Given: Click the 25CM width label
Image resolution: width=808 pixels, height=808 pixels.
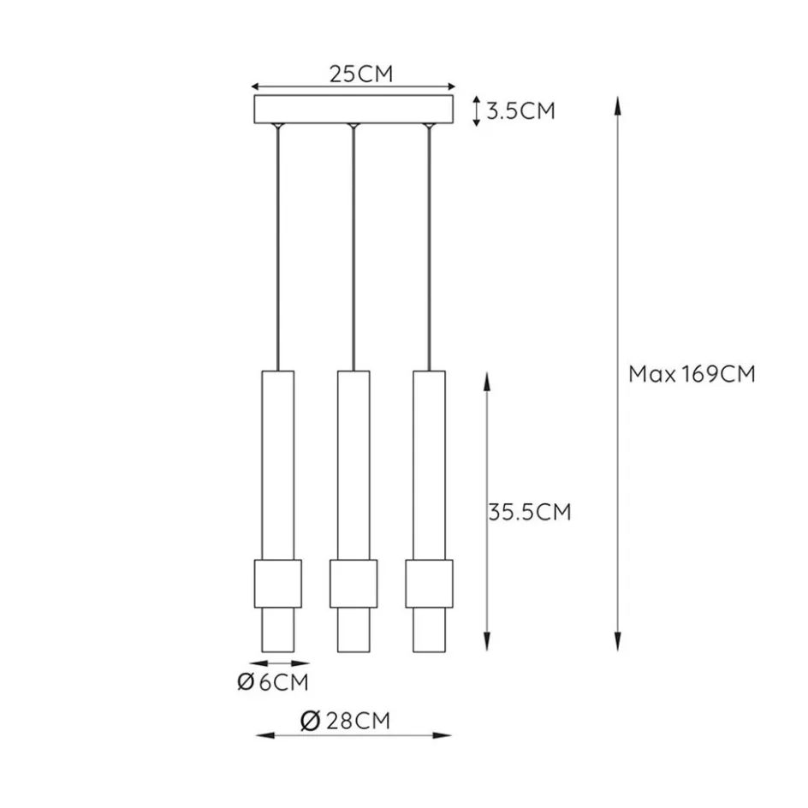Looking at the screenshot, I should (360, 74).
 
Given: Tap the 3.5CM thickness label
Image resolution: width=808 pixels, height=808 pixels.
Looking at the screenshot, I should (520, 110).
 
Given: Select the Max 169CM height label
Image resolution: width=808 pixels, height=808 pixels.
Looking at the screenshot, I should (692, 374).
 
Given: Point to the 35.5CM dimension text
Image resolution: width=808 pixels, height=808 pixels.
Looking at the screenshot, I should (529, 512).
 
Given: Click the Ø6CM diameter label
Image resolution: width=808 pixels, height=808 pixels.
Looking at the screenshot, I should (271, 682).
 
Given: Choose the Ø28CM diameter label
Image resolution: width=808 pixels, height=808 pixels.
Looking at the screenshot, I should (346, 722).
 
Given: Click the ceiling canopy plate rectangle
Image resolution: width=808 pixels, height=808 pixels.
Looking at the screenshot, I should (353, 110).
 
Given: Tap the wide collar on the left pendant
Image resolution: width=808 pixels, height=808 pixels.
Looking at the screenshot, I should (278, 583).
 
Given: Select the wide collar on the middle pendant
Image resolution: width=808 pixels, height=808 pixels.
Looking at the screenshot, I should (353, 583).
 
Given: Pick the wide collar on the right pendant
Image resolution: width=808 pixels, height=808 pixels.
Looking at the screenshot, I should (429, 583).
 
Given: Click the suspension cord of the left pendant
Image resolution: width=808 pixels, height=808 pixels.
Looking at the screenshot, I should (277, 248).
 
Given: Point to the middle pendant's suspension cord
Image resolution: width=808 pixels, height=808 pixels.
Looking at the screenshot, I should (353, 248).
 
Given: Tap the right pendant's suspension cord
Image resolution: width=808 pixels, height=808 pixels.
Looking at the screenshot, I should (428, 248).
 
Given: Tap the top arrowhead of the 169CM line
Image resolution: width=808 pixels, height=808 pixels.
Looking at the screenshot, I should (617, 104).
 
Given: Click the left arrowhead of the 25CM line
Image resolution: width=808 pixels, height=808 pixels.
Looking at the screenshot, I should (254, 86).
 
